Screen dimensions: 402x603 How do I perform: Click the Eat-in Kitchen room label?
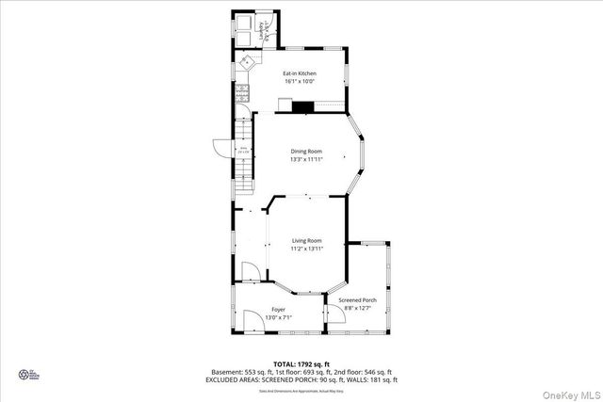click(300, 73)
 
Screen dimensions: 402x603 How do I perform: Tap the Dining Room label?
click(305, 152)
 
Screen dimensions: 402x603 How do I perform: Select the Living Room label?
click(306, 241)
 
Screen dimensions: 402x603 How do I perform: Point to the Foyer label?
click(278, 310)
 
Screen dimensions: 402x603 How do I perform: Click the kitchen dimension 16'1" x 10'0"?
click(300, 82)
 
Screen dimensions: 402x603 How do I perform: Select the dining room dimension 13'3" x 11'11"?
click(305, 160)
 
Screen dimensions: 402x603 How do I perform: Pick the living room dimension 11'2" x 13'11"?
click(306, 249)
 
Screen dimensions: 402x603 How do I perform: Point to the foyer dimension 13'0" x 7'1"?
click(278, 318)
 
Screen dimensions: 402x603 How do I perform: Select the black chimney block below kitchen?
click(301, 106)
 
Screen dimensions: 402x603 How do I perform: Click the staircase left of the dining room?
click(244, 151)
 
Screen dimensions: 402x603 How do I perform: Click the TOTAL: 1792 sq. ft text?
click(301, 362)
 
